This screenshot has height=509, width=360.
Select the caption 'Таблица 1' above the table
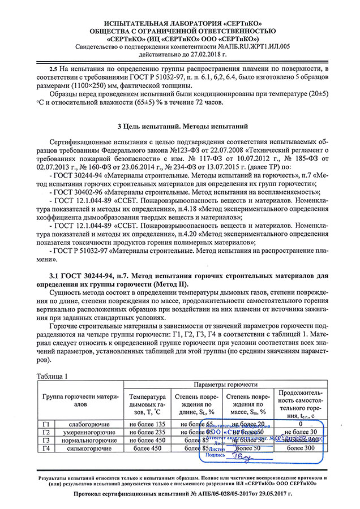coord(53,376)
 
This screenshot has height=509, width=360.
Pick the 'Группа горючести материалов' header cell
coord(79,400)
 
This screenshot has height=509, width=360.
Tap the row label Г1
coord(46,424)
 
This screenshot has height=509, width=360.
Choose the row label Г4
coord(46,448)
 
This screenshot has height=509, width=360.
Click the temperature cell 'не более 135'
coord(147,424)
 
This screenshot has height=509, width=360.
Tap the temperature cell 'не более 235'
coord(147,432)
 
